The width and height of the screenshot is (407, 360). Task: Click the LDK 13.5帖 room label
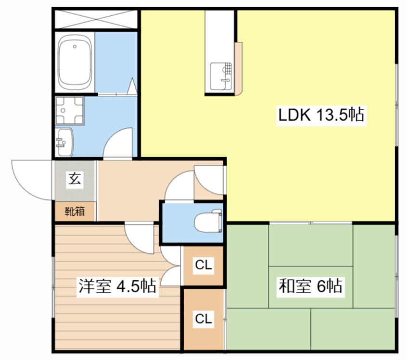click(x=321, y=115)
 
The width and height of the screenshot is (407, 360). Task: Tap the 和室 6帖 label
click(x=310, y=286)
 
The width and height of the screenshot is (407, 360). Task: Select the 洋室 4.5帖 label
click(x=117, y=286)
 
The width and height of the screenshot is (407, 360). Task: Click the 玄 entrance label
click(x=75, y=178)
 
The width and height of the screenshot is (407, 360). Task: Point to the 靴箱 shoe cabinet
click(x=75, y=211)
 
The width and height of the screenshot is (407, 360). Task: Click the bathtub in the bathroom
click(x=75, y=62)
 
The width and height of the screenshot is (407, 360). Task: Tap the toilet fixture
click(x=208, y=221)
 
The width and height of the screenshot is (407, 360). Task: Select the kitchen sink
click(x=221, y=76)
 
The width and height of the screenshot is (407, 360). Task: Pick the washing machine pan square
click(x=70, y=111)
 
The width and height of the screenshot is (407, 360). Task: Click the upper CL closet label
click(x=203, y=265)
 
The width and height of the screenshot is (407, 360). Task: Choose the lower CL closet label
click(x=203, y=319)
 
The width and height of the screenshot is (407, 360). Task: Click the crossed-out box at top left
click(x=96, y=19)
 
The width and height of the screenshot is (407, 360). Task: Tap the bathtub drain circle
click(x=75, y=47)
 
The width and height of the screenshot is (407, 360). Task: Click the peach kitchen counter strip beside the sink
click(x=239, y=69)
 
